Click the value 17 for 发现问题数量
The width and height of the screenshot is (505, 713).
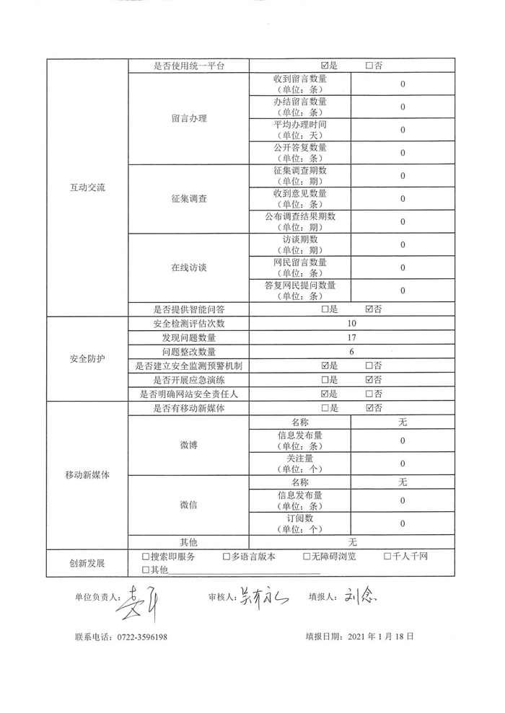pos(351,337)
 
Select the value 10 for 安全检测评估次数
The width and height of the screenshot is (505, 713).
pos(351,323)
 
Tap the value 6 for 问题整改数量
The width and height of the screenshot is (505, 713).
pos(351,352)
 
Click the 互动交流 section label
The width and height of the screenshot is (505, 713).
pos(87,187)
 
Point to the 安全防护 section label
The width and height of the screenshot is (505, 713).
pos(87,358)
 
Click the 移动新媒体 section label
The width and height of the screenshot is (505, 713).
pos(87,474)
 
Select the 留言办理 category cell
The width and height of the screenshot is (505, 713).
pos(189,118)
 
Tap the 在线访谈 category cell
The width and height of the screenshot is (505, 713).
pos(189,267)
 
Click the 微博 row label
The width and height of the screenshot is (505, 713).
pos(189,445)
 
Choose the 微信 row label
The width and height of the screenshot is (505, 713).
pos(189,505)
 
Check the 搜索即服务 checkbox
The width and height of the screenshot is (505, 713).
pos(146,557)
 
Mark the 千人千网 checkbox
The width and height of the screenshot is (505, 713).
pos(387,557)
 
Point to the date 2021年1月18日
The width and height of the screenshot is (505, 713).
pos(380,637)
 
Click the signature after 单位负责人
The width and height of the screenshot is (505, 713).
pos(140,601)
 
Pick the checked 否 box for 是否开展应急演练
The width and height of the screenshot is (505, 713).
pos(369,380)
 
